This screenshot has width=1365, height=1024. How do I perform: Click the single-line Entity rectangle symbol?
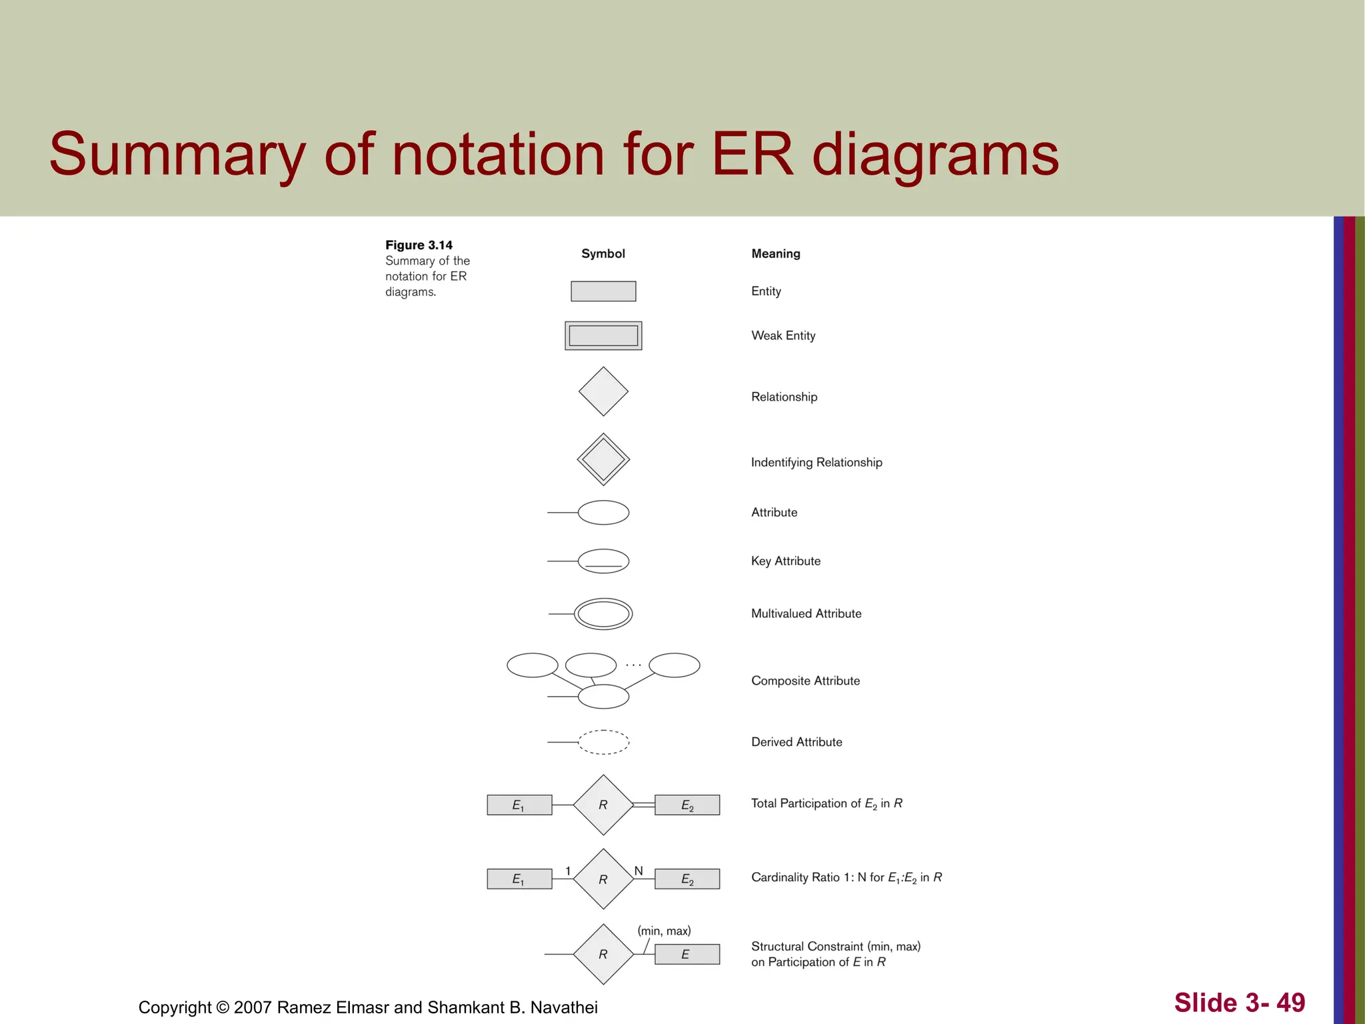coord(603,291)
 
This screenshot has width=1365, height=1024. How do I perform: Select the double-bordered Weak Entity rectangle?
coord(603,335)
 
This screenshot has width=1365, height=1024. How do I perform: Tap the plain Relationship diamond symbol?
coord(603,391)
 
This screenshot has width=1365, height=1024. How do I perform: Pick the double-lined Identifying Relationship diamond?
coord(603,459)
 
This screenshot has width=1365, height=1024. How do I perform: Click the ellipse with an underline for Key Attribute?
coord(603,561)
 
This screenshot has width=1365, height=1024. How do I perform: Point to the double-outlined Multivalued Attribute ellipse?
coord(603,614)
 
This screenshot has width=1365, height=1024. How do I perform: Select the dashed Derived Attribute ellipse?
coord(603,742)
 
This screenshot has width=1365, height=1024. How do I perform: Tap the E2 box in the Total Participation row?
coord(687,805)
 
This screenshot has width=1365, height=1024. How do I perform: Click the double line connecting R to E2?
coord(644,805)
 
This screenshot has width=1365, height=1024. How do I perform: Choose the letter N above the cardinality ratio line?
coord(639,871)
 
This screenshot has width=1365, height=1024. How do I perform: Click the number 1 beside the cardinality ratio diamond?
coord(568,871)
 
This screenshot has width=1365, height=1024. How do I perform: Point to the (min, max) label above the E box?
coord(664,931)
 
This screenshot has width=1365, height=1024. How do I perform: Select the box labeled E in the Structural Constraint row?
coord(687,955)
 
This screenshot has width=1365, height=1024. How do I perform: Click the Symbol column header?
coord(603,253)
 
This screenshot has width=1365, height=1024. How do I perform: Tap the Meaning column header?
coord(776,253)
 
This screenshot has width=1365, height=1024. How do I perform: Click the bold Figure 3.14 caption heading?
coord(419,245)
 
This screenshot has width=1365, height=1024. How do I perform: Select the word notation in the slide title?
coord(499,155)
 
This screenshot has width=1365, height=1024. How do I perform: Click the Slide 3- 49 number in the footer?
coord(1239,1003)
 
